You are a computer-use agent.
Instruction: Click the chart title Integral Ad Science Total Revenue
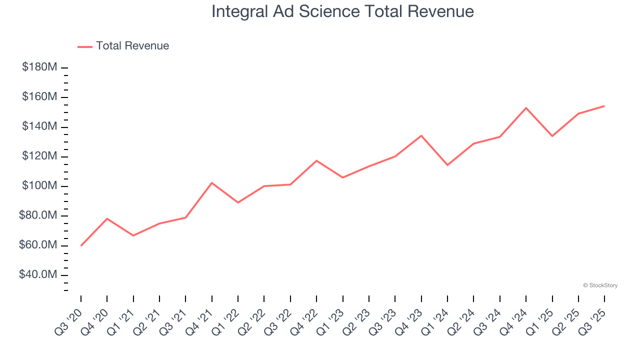click(342, 11)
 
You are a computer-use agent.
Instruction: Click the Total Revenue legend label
click(132, 46)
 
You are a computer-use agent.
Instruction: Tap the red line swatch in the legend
click(85, 46)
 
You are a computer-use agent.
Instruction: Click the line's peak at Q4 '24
click(526, 107)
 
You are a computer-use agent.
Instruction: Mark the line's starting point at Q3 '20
click(81, 245)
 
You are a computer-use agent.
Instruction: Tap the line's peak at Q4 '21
click(212, 183)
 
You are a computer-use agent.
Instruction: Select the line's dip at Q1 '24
click(447, 165)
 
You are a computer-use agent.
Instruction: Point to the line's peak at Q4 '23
click(421, 135)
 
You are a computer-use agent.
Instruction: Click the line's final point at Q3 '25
click(604, 106)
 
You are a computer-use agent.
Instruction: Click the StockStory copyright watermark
click(600, 285)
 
